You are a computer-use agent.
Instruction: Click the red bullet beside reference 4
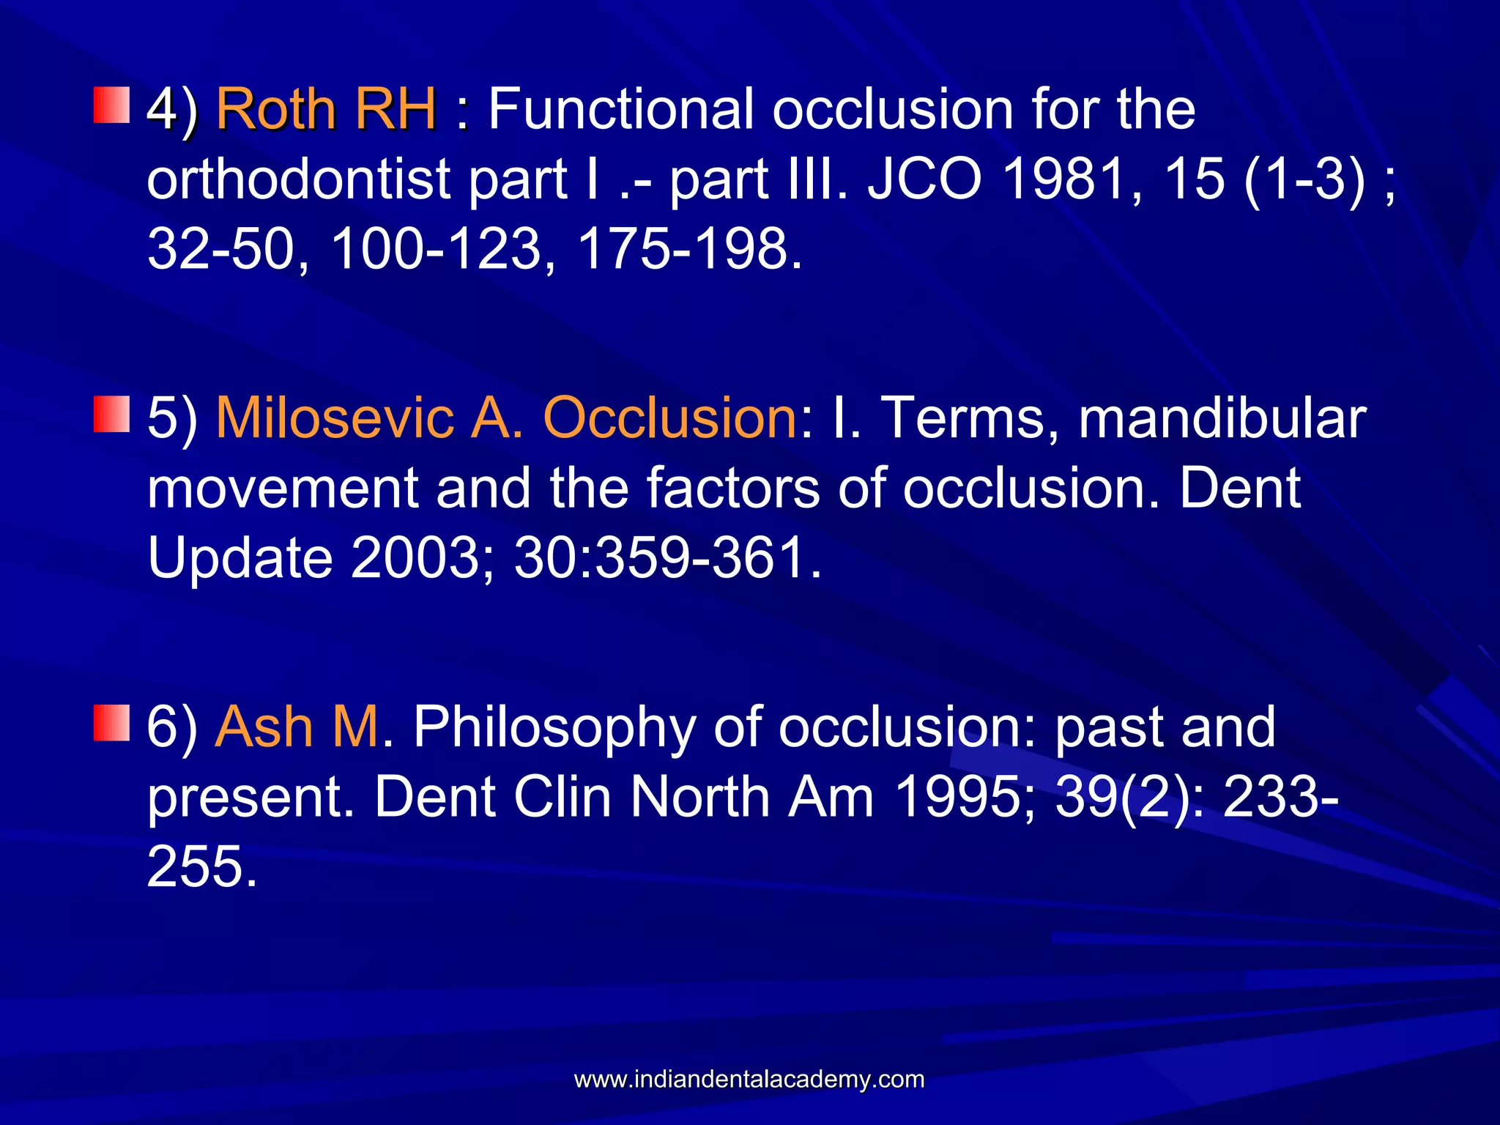111,105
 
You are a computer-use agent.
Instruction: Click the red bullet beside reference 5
111,414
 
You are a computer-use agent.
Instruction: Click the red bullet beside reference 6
111,723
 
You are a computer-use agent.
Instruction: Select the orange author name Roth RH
327,110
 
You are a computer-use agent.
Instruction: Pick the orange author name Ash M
297,727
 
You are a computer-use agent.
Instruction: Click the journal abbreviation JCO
924,179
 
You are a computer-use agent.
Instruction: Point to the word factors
732,489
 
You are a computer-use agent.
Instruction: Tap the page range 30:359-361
667,558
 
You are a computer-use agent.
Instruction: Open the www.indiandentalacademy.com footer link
749,1080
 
